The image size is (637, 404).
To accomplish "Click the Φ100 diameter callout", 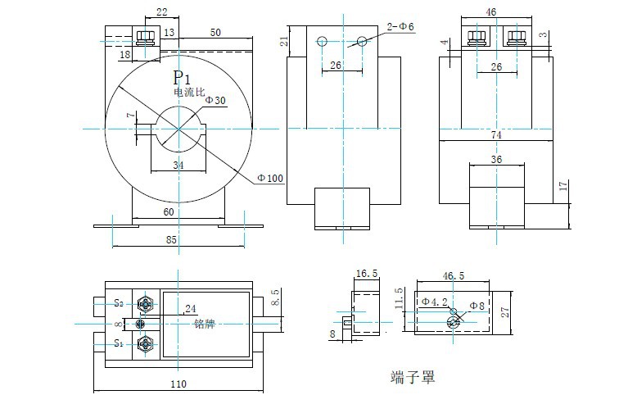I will (269, 178).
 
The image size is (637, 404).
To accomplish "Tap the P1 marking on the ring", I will (182, 78).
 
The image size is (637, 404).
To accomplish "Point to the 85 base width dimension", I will (171, 241).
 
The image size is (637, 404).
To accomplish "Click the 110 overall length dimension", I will (178, 384).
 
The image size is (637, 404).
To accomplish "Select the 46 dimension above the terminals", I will (491, 12).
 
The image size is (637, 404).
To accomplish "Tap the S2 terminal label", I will (119, 303).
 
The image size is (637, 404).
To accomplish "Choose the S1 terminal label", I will (119, 343).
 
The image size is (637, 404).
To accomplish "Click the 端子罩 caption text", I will (413, 378).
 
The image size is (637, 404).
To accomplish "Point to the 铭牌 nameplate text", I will (204, 323).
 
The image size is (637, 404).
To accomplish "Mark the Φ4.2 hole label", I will (435, 302).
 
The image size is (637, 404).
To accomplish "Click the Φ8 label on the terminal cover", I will (477, 306).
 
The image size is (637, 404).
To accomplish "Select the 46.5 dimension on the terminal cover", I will (453, 276).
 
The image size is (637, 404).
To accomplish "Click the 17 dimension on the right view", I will (562, 186).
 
